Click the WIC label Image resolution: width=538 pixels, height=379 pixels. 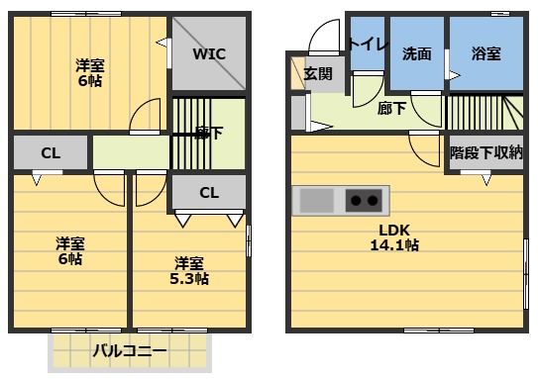tap(209, 53)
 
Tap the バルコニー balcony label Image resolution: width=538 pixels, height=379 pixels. tap(130, 350)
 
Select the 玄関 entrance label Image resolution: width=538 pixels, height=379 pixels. tap(318, 73)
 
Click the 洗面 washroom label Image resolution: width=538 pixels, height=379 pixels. tap(417, 54)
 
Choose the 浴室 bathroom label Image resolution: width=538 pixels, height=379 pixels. tap(485, 54)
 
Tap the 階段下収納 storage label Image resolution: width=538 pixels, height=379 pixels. tap(485, 153)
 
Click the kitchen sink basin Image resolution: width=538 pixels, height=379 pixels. tap(317, 201)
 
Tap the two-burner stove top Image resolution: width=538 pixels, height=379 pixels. tap(364, 201)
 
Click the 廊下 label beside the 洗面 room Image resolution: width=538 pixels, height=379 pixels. tap(392, 109)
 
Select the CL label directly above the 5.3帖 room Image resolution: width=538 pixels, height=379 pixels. tap(209, 192)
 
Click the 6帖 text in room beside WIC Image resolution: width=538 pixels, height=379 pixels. tap(90, 82)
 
